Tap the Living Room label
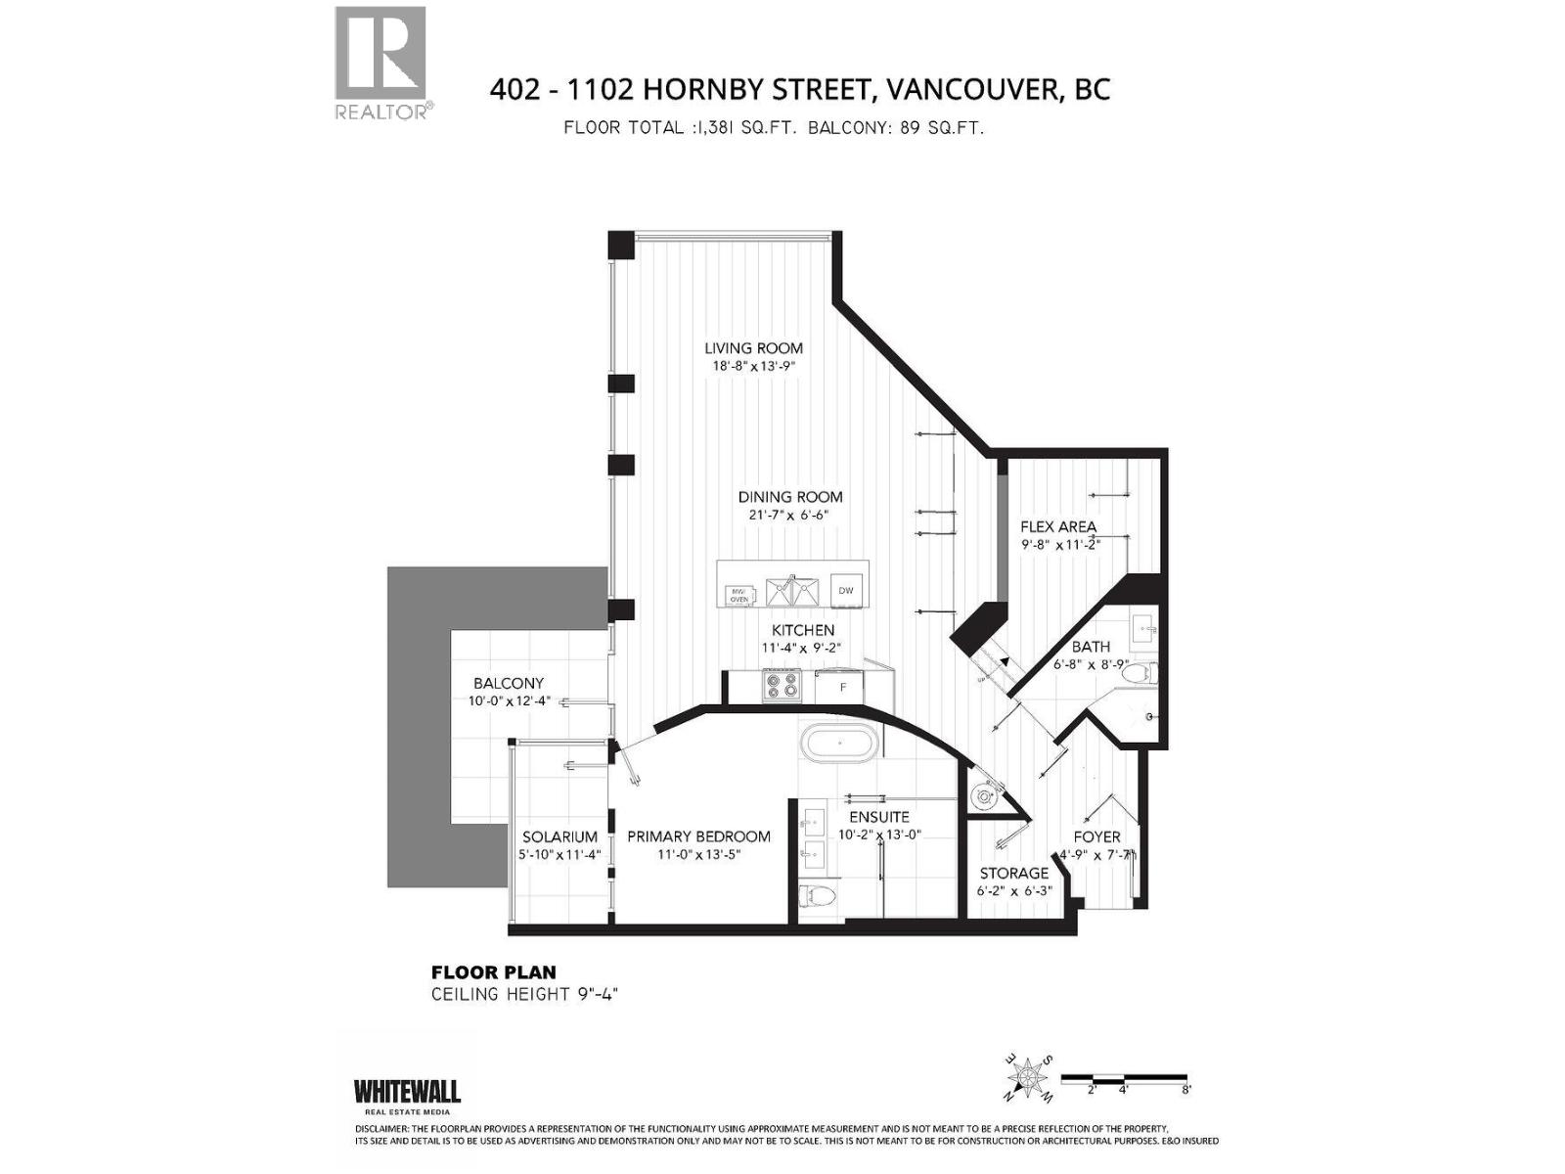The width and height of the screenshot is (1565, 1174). (753, 348)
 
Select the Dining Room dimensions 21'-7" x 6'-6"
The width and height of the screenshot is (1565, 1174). (789, 515)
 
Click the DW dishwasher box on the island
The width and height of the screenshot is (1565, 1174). (846, 590)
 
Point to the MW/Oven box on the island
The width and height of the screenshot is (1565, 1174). (739, 595)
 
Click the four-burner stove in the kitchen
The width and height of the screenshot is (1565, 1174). (782, 685)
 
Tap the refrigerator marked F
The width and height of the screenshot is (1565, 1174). (843, 687)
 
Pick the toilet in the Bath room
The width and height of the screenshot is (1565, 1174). (1140, 674)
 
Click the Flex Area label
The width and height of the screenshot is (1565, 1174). (1057, 526)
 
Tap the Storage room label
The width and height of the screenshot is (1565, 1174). (1013, 873)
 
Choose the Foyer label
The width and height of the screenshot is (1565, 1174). (1096, 837)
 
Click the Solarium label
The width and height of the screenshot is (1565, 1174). (559, 837)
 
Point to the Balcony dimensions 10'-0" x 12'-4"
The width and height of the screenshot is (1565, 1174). (509, 700)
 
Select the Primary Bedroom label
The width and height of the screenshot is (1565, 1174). (698, 836)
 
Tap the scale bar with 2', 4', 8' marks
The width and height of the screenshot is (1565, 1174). (1125, 1079)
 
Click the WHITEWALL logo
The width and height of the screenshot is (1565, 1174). (406, 1092)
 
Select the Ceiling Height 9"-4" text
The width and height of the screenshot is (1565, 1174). (525, 994)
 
